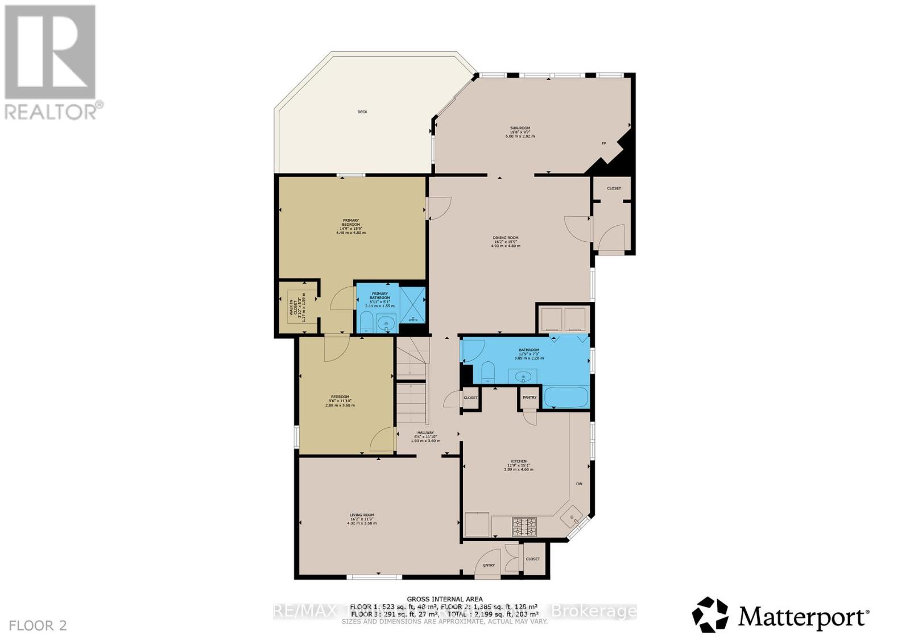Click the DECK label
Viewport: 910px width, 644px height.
coord(362,112)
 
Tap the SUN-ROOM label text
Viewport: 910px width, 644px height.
coord(516,129)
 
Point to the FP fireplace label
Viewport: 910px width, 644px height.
coord(603,143)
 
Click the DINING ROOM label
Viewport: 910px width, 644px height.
coord(505,238)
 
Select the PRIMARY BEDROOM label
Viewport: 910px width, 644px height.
coord(350,222)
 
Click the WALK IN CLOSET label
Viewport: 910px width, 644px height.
coord(292,310)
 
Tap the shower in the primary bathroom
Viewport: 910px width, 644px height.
coord(412,302)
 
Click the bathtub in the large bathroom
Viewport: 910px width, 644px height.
coord(565,398)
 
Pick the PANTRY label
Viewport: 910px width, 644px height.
coord(530,398)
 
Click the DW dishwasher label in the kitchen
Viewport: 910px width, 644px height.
coord(579,484)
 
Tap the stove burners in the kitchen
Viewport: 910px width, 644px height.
coord(524,526)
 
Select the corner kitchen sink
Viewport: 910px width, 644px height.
coord(572,517)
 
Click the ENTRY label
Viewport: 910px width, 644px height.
coord(489,565)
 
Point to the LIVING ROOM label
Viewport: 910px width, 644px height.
coord(362,515)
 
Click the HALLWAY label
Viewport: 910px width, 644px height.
coord(425,433)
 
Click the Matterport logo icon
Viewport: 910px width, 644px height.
coord(710,614)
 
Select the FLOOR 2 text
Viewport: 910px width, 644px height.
coord(39,626)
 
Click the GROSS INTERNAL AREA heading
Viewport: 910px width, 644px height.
coord(445,599)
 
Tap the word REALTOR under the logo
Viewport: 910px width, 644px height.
coord(51,112)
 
